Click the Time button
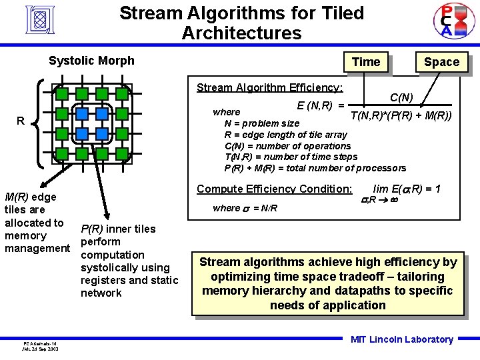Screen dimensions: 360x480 pos(365,62)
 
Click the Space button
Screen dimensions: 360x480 pos(441,62)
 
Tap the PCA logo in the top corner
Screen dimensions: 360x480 pos(445,20)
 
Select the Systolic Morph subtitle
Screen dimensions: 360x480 pos(91,61)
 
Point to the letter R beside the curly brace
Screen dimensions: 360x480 pos(21,121)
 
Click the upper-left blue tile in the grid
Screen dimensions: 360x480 pos(82,113)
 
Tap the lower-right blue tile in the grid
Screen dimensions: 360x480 pos(102,133)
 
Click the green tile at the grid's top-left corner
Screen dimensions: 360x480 pos(62,93)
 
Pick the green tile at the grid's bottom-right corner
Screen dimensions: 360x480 pos(122,153)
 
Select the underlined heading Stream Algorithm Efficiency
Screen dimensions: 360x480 pos(269,87)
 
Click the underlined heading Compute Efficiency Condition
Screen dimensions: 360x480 pos(274,189)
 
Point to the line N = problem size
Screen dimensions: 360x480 pos(262,123)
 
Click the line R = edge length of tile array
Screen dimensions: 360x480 pos(285,134)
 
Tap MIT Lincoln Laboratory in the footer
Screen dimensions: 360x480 pos(401,339)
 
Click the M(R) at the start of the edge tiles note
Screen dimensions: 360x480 pos(17,197)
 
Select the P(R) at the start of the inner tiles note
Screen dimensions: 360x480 pos(93,229)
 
